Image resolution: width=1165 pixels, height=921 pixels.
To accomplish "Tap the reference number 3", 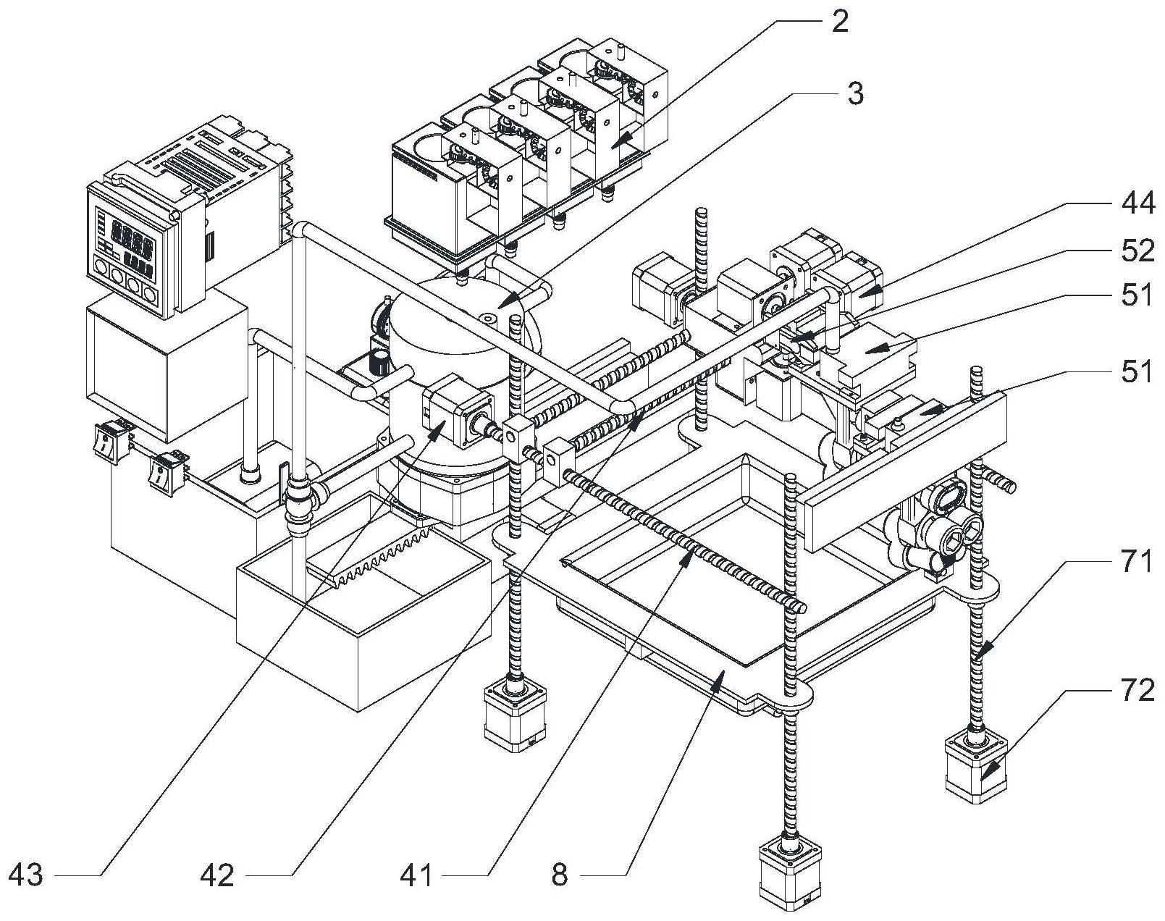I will click(x=855, y=93).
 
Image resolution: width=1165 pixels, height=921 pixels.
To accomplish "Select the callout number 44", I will click(x=1138, y=204).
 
